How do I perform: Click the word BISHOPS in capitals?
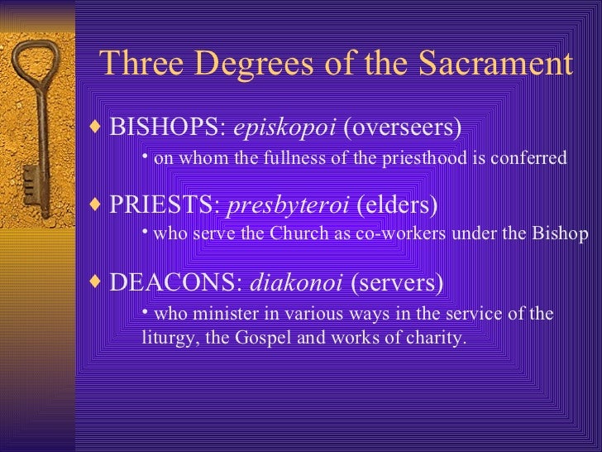[x=170, y=127]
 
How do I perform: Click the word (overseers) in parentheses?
[x=403, y=127]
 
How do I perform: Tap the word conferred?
[x=531, y=158]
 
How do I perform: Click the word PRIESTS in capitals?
[x=165, y=204]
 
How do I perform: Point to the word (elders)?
[x=395, y=204]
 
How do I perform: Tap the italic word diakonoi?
[x=295, y=283]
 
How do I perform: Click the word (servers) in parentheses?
[x=397, y=283]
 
